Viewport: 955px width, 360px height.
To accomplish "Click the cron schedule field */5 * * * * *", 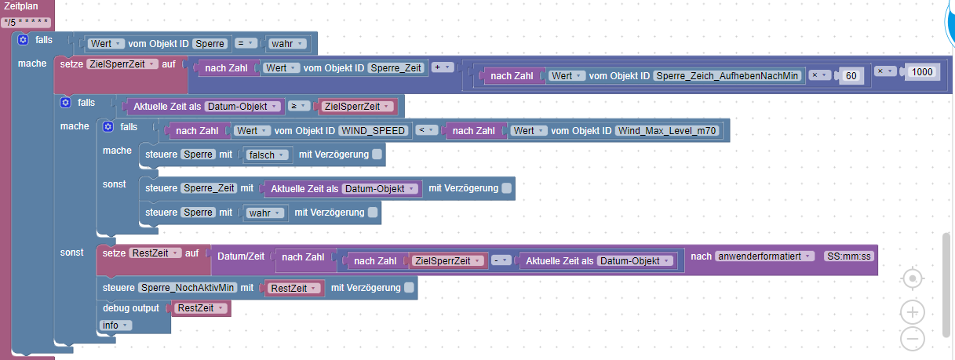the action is [26, 22].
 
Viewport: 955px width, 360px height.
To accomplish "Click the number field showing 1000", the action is [922, 72].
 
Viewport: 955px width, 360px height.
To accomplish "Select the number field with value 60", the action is [851, 76].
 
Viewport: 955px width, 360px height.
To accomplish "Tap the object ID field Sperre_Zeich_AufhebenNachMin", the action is [727, 76].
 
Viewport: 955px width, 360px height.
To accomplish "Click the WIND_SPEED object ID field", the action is [373, 131].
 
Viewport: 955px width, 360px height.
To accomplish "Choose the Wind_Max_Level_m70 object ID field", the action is [667, 131].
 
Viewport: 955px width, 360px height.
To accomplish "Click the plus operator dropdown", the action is [442, 67].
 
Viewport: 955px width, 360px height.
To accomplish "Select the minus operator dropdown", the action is [501, 260].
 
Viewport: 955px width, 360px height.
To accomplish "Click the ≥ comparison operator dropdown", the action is [298, 106].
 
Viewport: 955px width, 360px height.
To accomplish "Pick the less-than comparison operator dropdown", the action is [426, 130].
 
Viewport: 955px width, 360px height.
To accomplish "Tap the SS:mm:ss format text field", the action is [849, 256].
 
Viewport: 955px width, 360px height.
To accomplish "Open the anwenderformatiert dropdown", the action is [764, 256].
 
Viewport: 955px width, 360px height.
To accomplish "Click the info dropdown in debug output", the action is [115, 325].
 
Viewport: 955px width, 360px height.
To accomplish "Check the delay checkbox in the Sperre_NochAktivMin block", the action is [409, 288].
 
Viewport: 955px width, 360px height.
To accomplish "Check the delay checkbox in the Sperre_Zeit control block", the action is [506, 188].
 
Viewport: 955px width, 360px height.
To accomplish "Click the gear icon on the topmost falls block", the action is [23, 40].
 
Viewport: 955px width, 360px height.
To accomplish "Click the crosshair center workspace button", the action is [913, 279].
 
